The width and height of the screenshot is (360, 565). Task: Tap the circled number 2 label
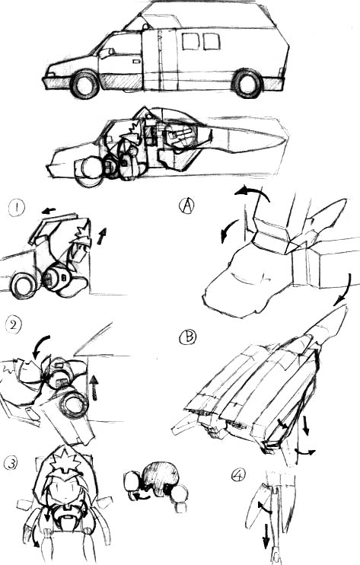click(x=14, y=325)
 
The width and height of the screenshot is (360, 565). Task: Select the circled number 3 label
click(x=12, y=463)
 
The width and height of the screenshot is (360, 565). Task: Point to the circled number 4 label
click(x=239, y=475)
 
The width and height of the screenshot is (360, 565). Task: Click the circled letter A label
click(x=186, y=206)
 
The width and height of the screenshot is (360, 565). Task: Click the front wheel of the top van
click(x=85, y=85)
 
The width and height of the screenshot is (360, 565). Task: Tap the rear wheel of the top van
click(x=247, y=83)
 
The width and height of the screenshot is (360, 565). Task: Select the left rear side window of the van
click(x=190, y=41)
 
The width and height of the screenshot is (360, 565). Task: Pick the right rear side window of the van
click(x=212, y=41)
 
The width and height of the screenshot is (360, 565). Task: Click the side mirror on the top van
click(x=107, y=53)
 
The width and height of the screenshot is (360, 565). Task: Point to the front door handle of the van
click(x=136, y=62)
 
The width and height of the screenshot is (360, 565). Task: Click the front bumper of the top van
click(x=57, y=83)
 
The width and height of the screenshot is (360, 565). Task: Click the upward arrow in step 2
click(x=94, y=388)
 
